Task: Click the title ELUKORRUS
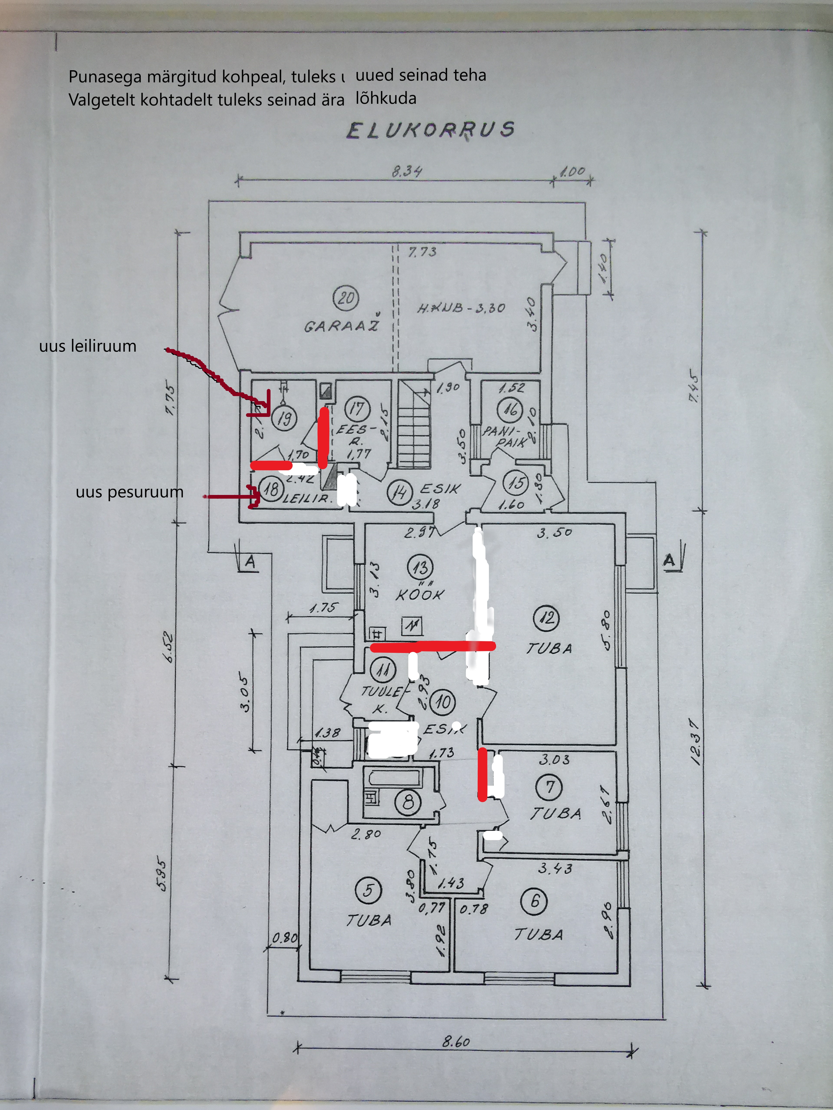[x=430, y=130]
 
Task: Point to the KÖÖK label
[x=420, y=595]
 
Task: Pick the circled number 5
[x=368, y=891]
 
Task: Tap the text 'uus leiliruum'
[x=88, y=346]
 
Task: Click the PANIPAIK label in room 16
[x=505, y=436]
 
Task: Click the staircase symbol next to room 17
[x=414, y=424]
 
